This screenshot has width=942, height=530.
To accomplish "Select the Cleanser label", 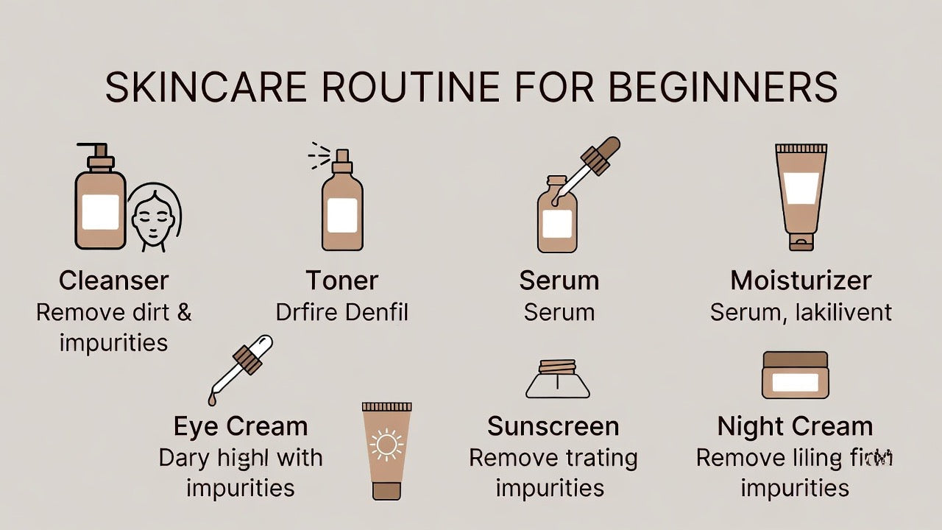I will [113, 280].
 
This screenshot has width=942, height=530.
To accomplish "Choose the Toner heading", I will [341, 280].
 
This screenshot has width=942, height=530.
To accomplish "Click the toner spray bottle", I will [341, 206].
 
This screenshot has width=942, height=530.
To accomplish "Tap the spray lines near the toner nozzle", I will [319, 153].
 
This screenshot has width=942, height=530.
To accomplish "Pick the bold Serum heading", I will [559, 280].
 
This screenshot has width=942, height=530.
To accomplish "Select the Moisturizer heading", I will [801, 280].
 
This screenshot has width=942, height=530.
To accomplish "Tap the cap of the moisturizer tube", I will [801, 241].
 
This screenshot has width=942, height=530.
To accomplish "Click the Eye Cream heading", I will [240, 426].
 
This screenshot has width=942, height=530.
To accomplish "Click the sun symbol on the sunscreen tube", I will [386, 445].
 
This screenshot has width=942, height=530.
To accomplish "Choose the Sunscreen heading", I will [553, 426].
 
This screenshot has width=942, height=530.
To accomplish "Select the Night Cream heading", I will [795, 426].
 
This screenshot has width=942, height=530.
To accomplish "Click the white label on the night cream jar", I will [795, 382].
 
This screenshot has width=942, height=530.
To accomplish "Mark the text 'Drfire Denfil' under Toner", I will [341, 312].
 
